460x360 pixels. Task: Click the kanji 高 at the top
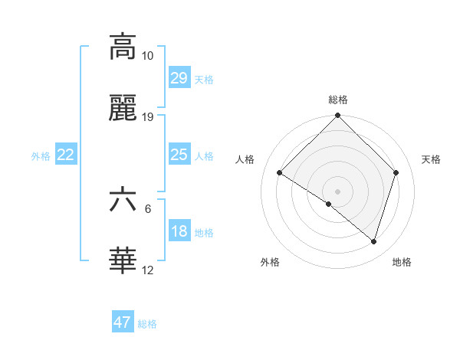(x=123, y=47)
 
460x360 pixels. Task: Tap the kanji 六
(x=123, y=200)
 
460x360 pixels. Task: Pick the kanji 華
(x=123, y=261)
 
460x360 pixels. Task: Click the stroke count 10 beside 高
(x=147, y=56)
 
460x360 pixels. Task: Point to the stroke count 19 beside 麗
(x=147, y=116)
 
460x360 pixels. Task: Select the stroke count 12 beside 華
(x=147, y=270)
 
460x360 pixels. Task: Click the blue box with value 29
(x=179, y=78)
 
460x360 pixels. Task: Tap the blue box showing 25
(x=179, y=155)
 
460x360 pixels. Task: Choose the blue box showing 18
(x=179, y=231)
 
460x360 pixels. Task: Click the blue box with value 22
(x=66, y=155)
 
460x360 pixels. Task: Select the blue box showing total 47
(x=123, y=322)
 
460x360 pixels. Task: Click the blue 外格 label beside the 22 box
(x=41, y=156)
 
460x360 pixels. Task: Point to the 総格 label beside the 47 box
(x=147, y=324)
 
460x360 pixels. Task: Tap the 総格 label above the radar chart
(x=337, y=100)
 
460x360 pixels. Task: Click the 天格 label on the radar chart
(x=431, y=159)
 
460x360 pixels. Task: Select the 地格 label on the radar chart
(x=402, y=262)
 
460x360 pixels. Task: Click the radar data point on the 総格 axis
(x=337, y=116)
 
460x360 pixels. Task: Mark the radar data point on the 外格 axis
(x=329, y=204)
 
